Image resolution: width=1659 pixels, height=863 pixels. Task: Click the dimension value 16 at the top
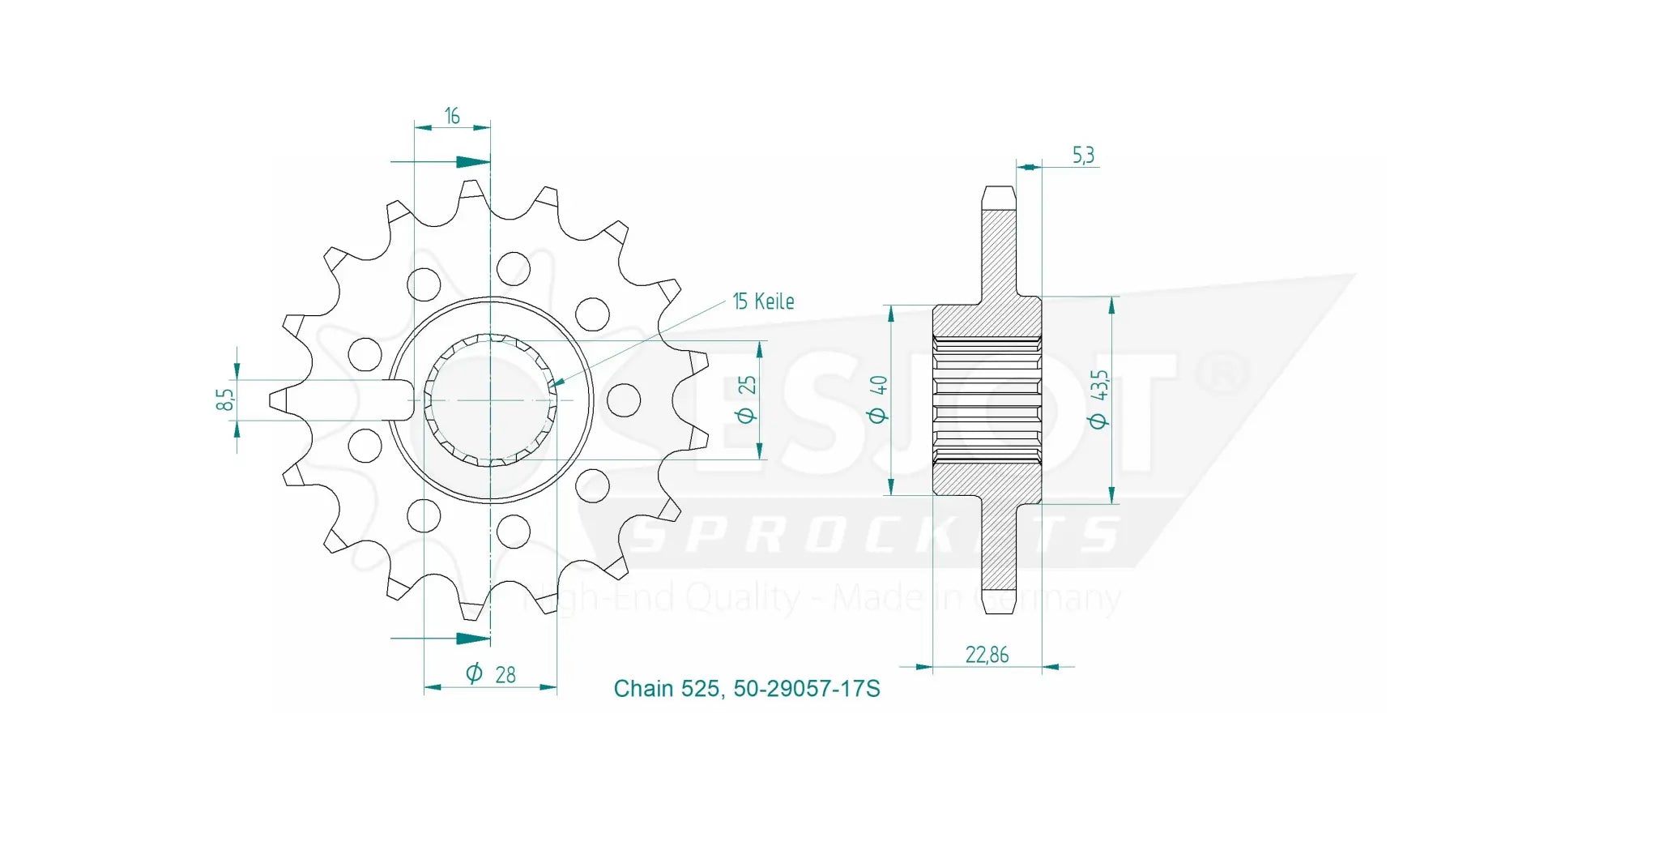tap(452, 117)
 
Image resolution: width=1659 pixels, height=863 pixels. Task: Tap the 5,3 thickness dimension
tap(1083, 155)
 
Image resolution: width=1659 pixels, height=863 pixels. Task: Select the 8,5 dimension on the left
tap(225, 399)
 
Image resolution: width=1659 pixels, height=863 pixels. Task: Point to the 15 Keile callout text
tap(763, 301)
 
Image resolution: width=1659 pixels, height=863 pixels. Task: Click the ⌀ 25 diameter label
tap(747, 399)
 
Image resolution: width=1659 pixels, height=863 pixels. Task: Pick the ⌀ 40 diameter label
tap(878, 399)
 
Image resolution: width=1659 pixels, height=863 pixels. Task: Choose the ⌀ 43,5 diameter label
tap(1098, 399)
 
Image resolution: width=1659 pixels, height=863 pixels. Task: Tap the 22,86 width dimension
tap(987, 655)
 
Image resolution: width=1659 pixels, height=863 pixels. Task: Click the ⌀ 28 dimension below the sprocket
tap(492, 673)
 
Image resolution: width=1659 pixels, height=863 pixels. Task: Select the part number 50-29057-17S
tap(806, 689)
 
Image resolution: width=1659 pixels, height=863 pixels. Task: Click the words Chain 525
tap(666, 689)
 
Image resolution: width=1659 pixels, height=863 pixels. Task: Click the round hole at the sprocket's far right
tap(624, 399)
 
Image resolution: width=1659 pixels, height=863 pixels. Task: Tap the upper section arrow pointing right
tap(473, 162)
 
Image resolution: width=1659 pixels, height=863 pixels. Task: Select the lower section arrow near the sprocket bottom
tap(473, 639)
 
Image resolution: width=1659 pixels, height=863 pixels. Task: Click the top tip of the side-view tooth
tap(999, 191)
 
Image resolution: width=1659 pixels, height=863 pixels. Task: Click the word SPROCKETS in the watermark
tap(875, 535)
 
